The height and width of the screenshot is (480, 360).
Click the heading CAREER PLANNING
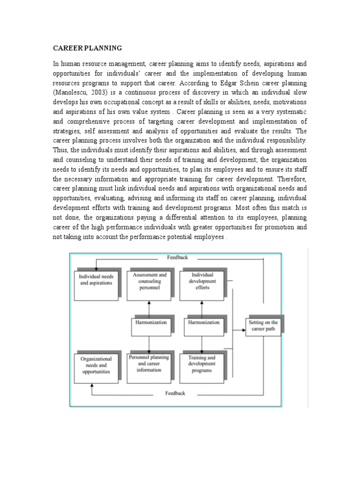click(87, 48)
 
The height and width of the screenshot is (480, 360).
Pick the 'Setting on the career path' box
click(263, 326)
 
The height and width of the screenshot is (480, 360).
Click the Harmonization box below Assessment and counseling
click(149, 323)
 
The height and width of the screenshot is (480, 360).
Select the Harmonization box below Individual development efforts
click(203, 323)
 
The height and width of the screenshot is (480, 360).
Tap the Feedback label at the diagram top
click(177, 257)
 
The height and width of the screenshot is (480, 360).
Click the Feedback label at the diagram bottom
click(175, 393)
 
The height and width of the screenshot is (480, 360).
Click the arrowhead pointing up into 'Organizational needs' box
click(92, 385)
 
